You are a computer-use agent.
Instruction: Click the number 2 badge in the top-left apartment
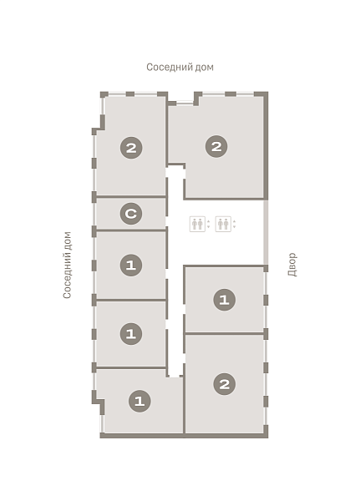(x=131, y=148)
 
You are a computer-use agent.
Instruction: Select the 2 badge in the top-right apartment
(x=216, y=146)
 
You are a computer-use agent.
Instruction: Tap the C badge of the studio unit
(x=131, y=213)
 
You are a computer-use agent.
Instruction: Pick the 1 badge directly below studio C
(x=131, y=265)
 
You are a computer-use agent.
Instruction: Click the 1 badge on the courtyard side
(x=224, y=300)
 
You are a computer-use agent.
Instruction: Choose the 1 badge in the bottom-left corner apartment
(x=139, y=401)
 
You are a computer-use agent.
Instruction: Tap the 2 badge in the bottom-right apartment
(x=224, y=384)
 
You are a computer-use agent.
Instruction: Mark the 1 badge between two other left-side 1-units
(x=131, y=333)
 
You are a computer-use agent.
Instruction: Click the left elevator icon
(x=197, y=224)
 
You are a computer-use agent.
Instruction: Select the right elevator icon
(x=223, y=224)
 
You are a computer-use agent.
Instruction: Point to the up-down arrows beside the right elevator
(x=235, y=224)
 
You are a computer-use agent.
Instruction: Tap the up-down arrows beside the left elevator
(x=209, y=224)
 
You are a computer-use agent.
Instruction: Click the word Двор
(x=292, y=265)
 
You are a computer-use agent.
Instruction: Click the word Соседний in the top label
(x=166, y=67)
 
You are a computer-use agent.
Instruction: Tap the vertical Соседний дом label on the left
(x=67, y=266)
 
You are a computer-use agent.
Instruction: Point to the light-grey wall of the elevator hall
(x=266, y=232)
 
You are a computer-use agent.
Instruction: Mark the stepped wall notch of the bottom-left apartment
(x=99, y=402)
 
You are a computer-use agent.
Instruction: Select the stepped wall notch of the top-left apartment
(x=99, y=125)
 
